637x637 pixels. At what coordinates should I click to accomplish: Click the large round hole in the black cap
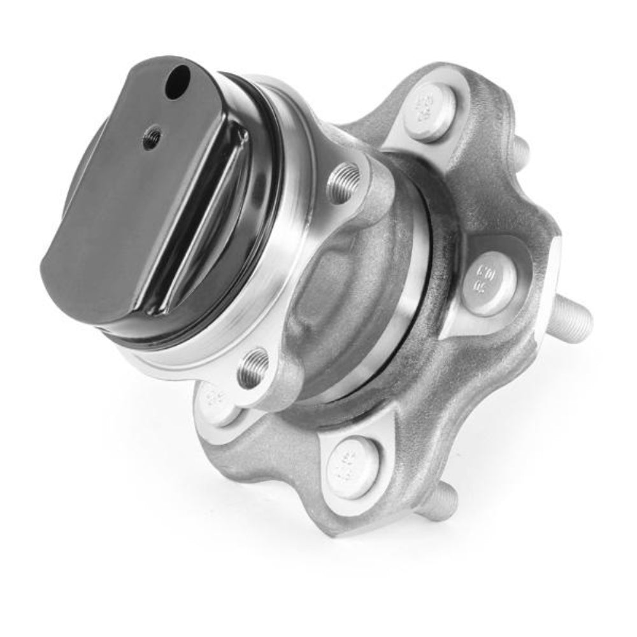(x=178, y=83)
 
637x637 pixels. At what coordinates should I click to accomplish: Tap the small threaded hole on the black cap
(x=152, y=136)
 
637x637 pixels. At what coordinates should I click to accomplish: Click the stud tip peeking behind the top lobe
(x=520, y=150)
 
